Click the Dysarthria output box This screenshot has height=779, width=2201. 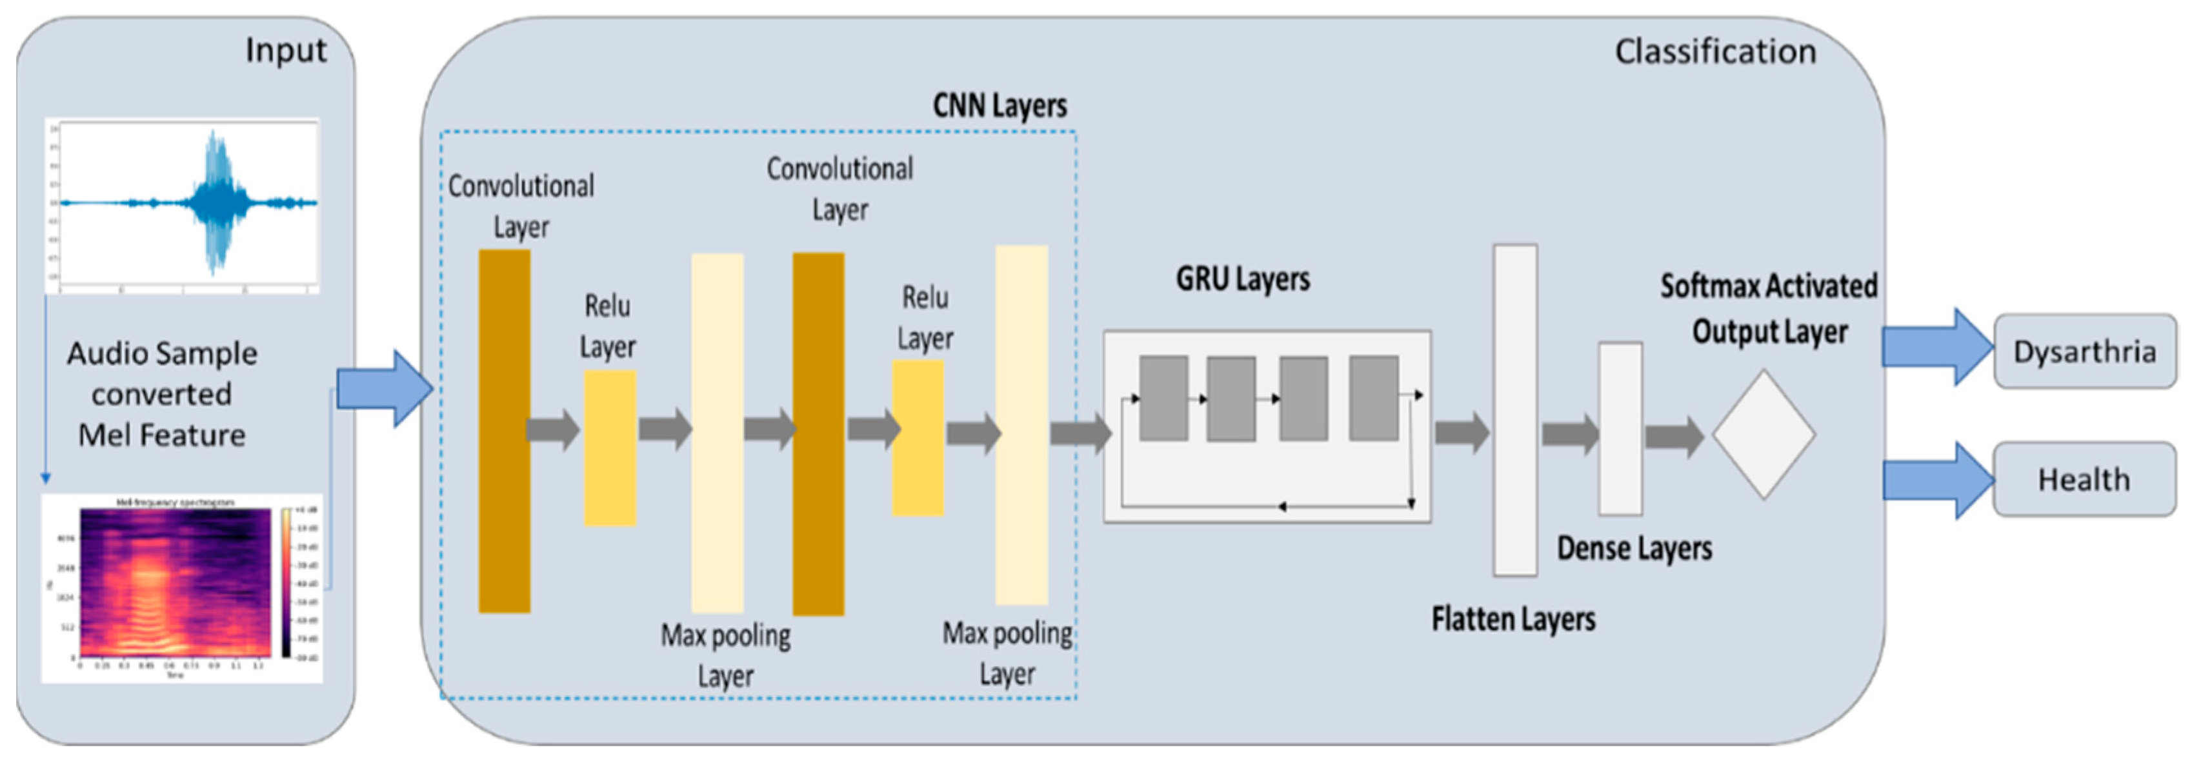(2084, 351)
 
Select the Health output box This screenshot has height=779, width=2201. (2084, 479)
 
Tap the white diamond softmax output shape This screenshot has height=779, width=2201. (1764, 434)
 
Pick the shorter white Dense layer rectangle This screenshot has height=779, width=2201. (1620, 429)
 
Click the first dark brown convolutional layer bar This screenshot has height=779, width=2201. (504, 431)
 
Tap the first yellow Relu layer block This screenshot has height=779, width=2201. (609, 448)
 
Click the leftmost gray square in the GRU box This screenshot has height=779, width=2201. (1163, 398)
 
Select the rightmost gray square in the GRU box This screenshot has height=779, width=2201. (1373, 398)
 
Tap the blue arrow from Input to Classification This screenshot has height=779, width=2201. (385, 389)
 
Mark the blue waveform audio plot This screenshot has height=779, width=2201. (182, 205)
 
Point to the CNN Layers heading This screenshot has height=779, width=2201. (999, 106)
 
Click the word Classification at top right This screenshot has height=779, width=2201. (1715, 51)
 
